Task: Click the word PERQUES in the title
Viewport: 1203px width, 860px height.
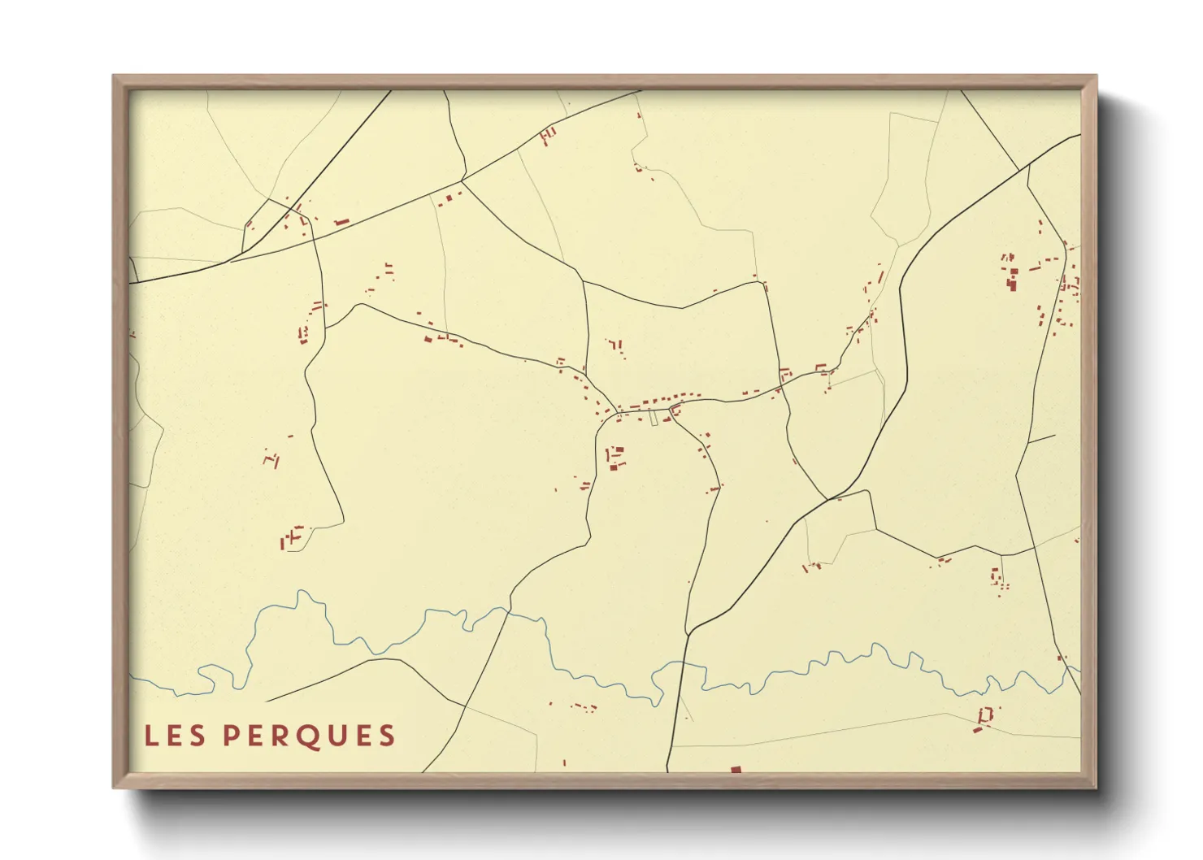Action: point(309,736)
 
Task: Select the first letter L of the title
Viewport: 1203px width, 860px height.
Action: point(150,736)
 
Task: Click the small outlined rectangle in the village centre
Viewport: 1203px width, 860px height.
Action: point(654,417)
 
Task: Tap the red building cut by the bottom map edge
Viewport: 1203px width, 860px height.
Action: point(736,769)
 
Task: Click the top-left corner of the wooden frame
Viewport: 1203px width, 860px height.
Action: point(114,76)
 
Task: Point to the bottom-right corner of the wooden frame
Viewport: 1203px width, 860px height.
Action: point(1096,787)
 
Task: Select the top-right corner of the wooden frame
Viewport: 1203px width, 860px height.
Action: point(1096,76)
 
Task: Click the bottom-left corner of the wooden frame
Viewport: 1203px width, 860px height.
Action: point(114,787)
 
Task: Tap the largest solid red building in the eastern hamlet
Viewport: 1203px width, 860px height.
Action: point(1012,283)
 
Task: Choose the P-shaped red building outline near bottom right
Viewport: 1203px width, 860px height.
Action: point(985,716)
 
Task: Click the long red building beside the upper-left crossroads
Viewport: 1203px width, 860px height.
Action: point(341,222)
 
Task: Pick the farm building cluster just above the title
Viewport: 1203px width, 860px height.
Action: point(291,536)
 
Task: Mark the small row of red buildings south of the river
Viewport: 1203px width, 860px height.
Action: point(583,707)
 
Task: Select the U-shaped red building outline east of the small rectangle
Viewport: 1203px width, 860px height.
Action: point(675,411)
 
